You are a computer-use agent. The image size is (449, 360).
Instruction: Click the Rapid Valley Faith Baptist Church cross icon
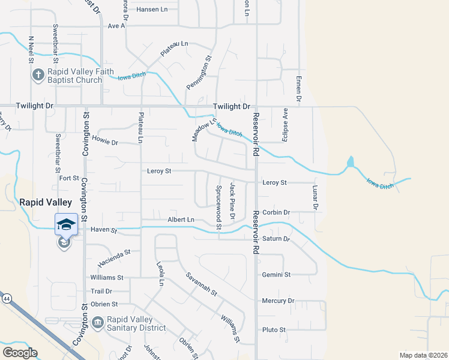tap(37, 76)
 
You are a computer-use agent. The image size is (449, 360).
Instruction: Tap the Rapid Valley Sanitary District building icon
tap(98, 322)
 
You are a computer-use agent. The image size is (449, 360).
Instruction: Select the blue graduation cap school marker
tap(66, 224)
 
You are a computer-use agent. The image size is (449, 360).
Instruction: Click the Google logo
tap(20, 352)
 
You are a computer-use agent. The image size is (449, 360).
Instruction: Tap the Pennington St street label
tap(200, 73)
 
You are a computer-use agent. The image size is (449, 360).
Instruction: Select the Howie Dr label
tap(105, 142)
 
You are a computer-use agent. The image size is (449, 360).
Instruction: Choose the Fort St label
tap(69, 178)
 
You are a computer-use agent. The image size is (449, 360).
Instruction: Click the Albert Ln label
tap(181, 220)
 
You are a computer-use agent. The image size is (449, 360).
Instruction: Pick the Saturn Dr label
tap(276, 239)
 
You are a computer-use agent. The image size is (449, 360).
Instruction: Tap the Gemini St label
tap(276, 274)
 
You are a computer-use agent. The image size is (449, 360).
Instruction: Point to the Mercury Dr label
tap(278, 301)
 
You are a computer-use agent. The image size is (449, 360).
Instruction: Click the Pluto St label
tap(274, 329)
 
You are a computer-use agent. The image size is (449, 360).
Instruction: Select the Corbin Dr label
tap(276, 212)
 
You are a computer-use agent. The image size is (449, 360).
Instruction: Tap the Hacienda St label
tap(115, 259)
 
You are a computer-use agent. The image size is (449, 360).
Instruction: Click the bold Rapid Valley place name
tap(46, 202)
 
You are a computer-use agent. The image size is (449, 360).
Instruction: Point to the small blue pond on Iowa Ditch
tap(351, 162)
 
